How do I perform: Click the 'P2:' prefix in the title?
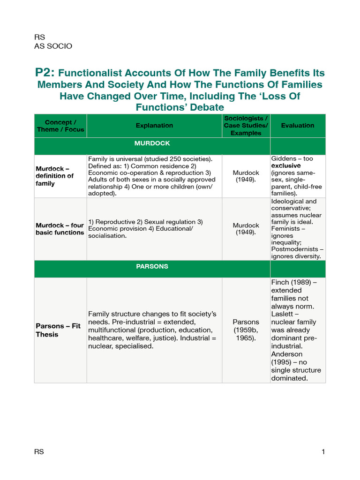[45, 73]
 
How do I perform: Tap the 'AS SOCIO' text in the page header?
[53, 46]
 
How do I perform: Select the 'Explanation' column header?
[154, 125]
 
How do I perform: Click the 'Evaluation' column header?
[298, 125]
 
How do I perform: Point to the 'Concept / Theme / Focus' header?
[60, 126]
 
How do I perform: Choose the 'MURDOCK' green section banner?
[152, 143]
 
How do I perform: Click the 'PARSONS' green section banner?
[152, 266]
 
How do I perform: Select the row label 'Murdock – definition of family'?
[55, 176]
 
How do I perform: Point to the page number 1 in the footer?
[323, 452]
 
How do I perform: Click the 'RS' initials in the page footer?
[39, 452]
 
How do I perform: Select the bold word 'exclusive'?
[286, 166]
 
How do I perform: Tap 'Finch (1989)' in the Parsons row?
[291, 282]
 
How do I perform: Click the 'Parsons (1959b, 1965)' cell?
[246, 330]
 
